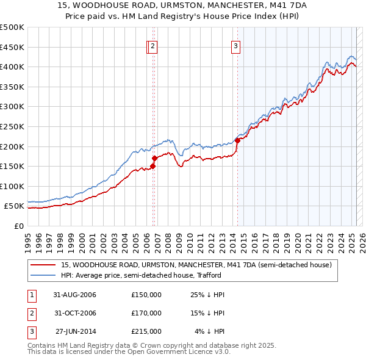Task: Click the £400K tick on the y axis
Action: pos(12,67)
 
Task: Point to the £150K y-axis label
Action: pos(12,166)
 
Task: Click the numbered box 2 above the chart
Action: pos(152,45)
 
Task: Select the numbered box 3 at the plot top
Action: pos(235,45)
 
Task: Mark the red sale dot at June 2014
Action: pos(237,140)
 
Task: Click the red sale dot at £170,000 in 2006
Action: pos(154,158)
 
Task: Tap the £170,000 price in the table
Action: pos(146,313)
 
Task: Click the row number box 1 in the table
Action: pos(31,295)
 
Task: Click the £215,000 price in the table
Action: pos(146,331)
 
